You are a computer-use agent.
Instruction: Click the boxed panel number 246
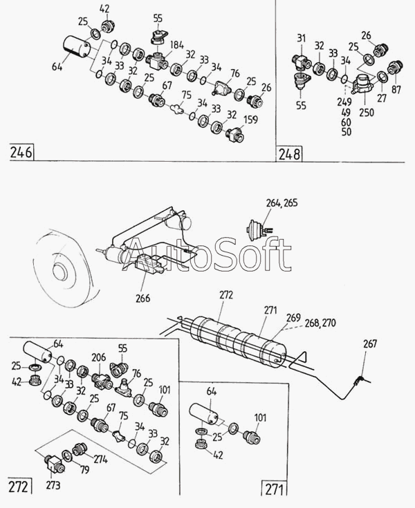[x=21, y=152]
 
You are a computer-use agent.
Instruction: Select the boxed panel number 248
[x=289, y=154]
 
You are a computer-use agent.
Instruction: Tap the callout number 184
[x=176, y=46]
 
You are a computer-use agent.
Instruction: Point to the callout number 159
[x=250, y=120]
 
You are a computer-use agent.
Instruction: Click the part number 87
[x=396, y=89]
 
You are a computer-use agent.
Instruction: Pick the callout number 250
[x=367, y=113]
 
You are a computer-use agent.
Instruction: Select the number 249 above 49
[x=344, y=102]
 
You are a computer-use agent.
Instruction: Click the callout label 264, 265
[x=282, y=203]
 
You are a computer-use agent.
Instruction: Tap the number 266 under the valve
[x=142, y=298]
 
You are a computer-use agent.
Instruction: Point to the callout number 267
[x=370, y=344]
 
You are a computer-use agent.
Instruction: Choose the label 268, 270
[x=320, y=323]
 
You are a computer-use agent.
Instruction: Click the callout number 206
[x=98, y=357]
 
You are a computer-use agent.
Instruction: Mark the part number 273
[x=53, y=485]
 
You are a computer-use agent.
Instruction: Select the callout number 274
[x=100, y=459]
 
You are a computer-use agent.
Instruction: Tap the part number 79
[x=84, y=469]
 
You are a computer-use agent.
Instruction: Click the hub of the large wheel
[x=62, y=270]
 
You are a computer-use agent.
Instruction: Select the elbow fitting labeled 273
[x=53, y=464]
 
